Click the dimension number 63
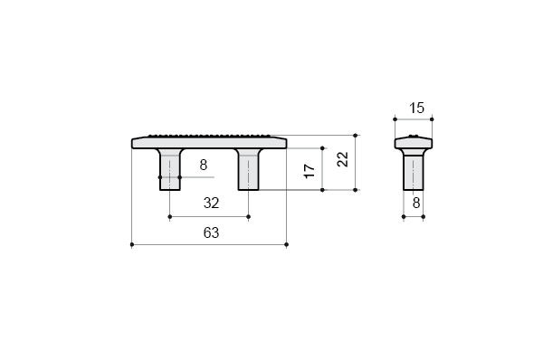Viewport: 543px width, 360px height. click(211, 233)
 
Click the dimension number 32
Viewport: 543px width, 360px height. click(211, 204)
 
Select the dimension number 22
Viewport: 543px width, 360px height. click(343, 159)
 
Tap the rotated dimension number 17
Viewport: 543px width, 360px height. click(310, 171)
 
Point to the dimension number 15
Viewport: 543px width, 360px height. click(416, 108)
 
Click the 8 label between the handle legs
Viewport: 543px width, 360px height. click(204, 166)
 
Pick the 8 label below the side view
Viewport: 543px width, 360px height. click(416, 204)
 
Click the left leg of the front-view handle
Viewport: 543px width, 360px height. click(170, 169)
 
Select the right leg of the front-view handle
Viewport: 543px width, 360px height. click(248, 169)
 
